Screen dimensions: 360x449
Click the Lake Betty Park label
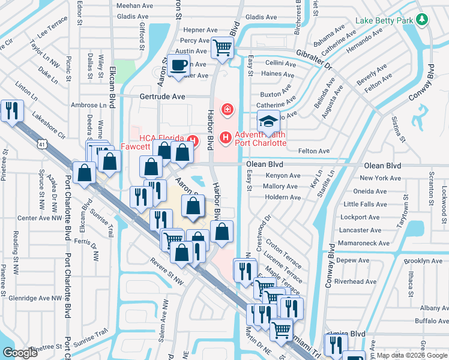[385, 20]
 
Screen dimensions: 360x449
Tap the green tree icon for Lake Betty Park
[423, 20]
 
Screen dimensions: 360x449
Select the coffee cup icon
[178, 65]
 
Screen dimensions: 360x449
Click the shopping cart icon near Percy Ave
[222, 47]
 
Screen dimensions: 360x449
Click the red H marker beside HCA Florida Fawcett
[192, 141]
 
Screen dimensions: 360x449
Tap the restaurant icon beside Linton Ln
[12, 110]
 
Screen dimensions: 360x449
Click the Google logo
[20, 353]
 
